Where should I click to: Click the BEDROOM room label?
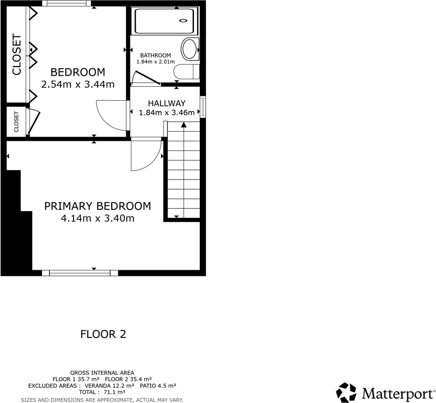[78, 72]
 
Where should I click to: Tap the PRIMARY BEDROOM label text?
[98, 206]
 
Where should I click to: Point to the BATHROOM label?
[155, 55]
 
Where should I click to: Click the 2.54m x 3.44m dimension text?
[78, 85]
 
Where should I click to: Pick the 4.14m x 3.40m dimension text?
[98, 218]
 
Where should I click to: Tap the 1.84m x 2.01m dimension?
[155, 62]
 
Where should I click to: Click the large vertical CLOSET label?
[17, 54]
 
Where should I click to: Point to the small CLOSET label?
[16, 122]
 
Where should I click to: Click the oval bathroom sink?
[189, 49]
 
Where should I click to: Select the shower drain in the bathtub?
[183, 21]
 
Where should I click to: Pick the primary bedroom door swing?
[146, 155]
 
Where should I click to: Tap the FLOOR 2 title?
[103, 334]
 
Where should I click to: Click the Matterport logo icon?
[346, 392]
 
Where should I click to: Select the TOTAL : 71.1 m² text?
[102, 391]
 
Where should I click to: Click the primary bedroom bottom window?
[80, 273]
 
